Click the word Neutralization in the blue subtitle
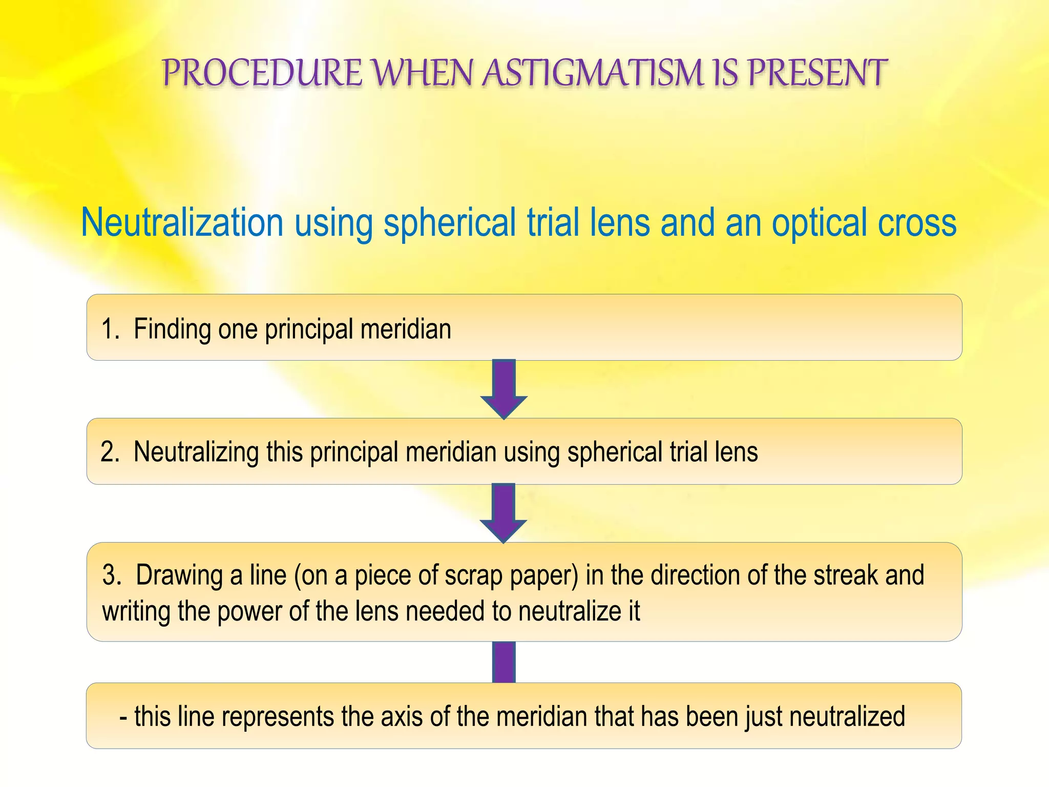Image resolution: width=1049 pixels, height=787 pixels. (182, 222)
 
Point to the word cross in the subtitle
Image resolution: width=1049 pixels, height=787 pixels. (917, 222)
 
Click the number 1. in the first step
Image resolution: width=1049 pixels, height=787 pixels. (111, 328)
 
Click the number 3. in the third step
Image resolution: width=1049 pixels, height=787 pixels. (112, 575)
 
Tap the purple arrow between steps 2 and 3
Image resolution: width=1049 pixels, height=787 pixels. (503, 512)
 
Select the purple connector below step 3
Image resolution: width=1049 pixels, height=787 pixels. (503, 662)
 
